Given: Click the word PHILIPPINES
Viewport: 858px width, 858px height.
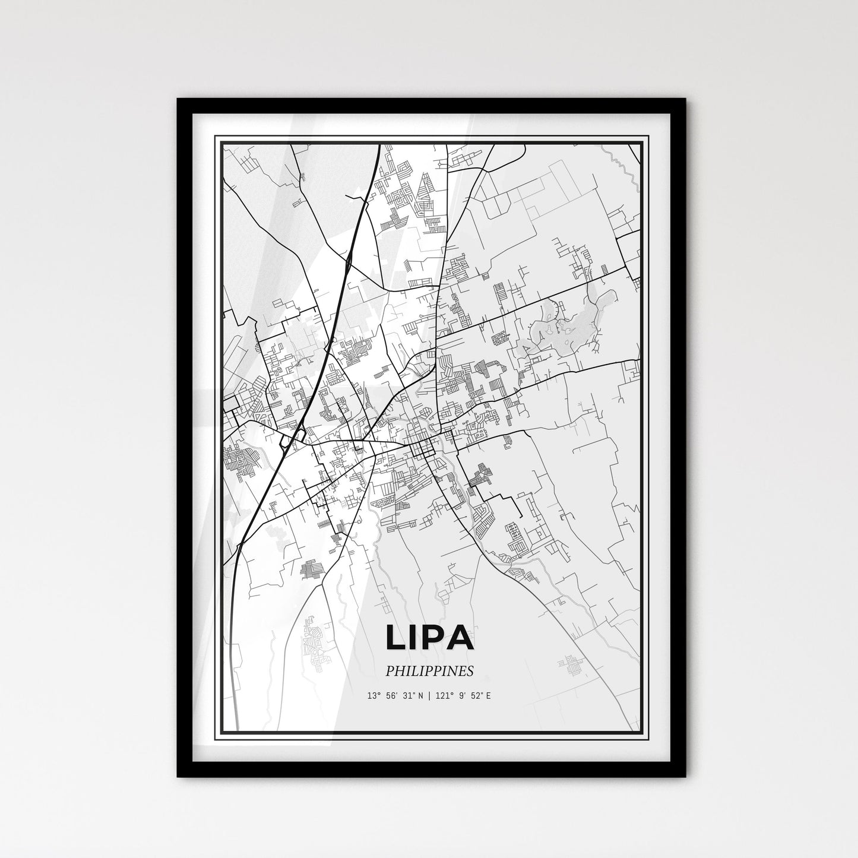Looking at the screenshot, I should point(429,671).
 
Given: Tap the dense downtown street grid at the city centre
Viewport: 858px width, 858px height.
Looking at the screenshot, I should point(423,448).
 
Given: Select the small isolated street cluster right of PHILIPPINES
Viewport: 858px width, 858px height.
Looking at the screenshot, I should point(571,665).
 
